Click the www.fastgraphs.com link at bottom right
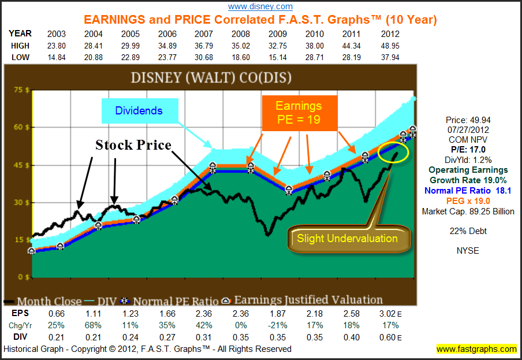[476, 349]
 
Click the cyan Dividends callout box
[139, 110]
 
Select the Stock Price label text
[133, 145]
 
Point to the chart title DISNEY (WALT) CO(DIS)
[211, 77]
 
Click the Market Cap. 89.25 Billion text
[468, 211]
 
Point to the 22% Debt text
[468, 231]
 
